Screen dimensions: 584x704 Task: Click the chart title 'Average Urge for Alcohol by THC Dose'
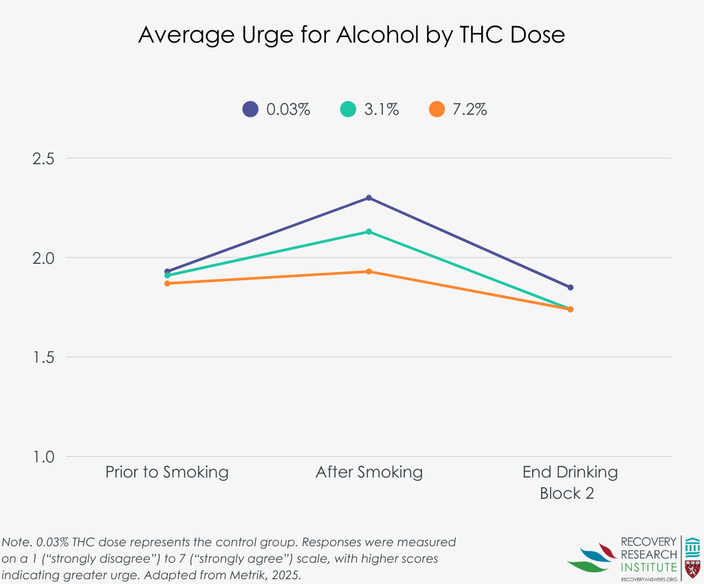pyautogui.click(x=351, y=35)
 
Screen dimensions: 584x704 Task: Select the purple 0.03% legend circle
pyautogui.click(x=250, y=109)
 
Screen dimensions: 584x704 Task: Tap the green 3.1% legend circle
pyautogui.click(x=349, y=109)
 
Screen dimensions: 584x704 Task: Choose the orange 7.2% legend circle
pyautogui.click(x=437, y=109)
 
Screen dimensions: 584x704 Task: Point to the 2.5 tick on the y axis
pyautogui.click(x=44, y=159)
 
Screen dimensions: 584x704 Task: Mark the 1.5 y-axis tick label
pyautogui.click(x=44, y=358)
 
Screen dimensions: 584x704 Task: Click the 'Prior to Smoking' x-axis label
pyautogui.click(x=167, y=472)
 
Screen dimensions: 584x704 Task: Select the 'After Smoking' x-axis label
pyautogui.click(x=369, y=472)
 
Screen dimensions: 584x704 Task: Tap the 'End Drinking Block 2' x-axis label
pyautogui.click(x=570, y=482)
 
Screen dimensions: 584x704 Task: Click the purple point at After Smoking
pyautogui.click(x=369, y=198)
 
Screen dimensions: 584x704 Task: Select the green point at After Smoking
pyautogui.click(x=369, y=232)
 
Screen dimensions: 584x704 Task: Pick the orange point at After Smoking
pyautogui.click(x=369, y=271)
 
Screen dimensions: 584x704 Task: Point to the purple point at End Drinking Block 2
pyautogui.click(x=571, y=287)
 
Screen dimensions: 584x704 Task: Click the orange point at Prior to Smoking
pyautogui.click(x=167, y=283)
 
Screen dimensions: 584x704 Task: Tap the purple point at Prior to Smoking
pyautogui.click(x=167, y=271)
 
